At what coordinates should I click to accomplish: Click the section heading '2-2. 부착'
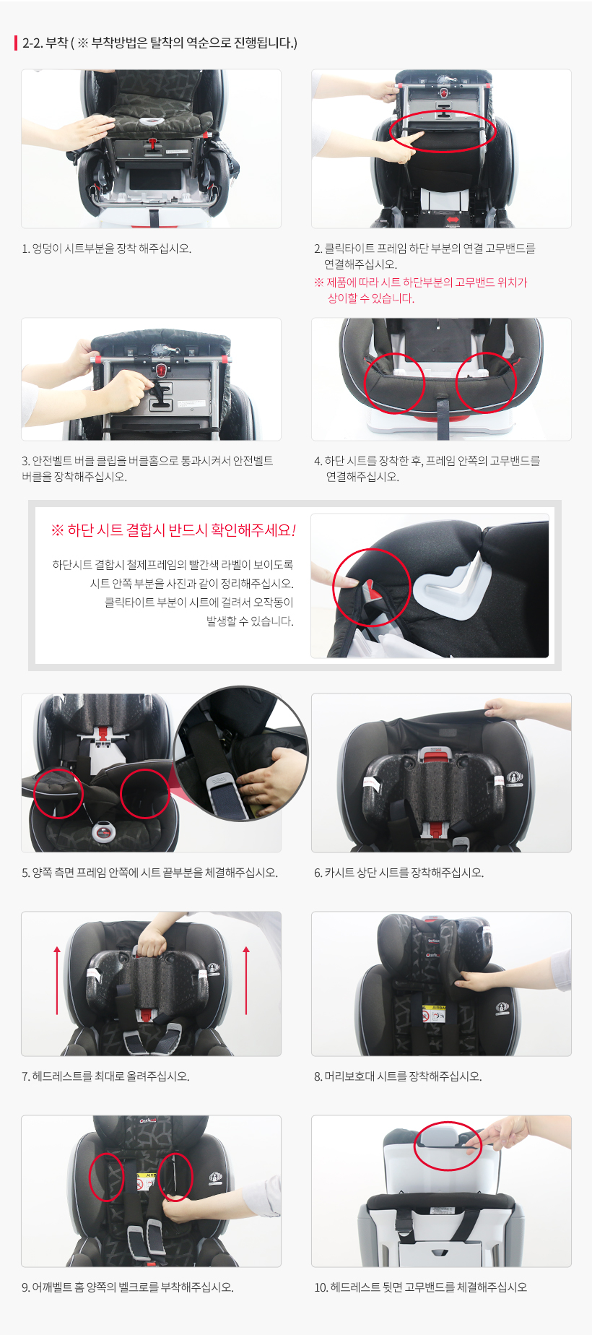click(x=45, y=43)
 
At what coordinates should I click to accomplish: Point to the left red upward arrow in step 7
click(x=57, y=980)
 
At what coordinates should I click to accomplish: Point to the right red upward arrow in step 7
click(x=246, y=980)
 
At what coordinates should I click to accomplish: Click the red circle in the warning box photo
click(x=334, y=587)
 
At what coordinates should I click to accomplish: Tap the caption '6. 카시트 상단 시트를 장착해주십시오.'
click(x=399, y=873)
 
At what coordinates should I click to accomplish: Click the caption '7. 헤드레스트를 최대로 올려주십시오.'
click(x=105, y=1076)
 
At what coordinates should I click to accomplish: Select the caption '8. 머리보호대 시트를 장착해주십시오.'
click(x=398, y=1076)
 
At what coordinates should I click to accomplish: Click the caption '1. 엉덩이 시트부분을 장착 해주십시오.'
click(x=106, y=249)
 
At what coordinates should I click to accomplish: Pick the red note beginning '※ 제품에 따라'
click(x=421, y=290)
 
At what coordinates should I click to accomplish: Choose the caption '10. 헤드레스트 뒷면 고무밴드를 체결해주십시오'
click(x=420, y=1287)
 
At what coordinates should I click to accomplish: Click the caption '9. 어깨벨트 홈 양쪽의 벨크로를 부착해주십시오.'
click(x=128, y=1287)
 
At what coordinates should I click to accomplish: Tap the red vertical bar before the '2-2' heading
click(x=16, y=43)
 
